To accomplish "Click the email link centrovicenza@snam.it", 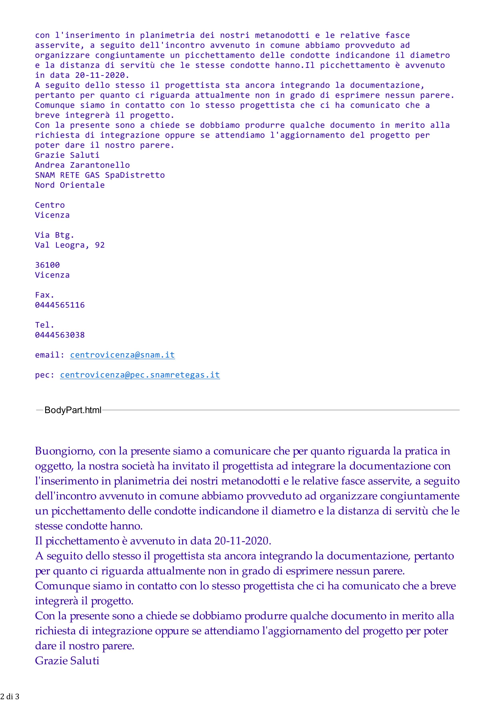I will (122, 355).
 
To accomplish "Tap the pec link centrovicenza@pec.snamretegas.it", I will (140, 375).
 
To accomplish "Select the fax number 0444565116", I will (60, 305).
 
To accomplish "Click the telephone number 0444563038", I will (60, 335).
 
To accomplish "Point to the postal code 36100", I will (47, 265).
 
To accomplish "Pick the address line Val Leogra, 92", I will (70, 245).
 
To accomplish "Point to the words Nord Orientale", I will (70, 185).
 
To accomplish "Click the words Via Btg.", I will (55, 235).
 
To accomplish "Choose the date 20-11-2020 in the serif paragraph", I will (242, 541).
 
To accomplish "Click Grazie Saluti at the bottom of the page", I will (67, 661).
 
